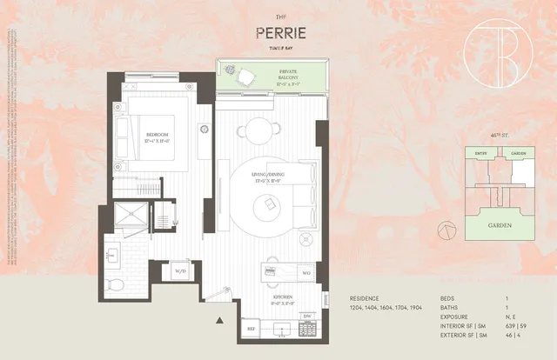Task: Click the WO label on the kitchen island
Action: (x=306, y=273)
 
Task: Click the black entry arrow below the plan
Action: (x=218, y=322)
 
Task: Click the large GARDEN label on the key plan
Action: (x=499, y=225)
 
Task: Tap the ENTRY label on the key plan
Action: (x=480, y=154)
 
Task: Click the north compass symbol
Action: (x=446, y=229)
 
